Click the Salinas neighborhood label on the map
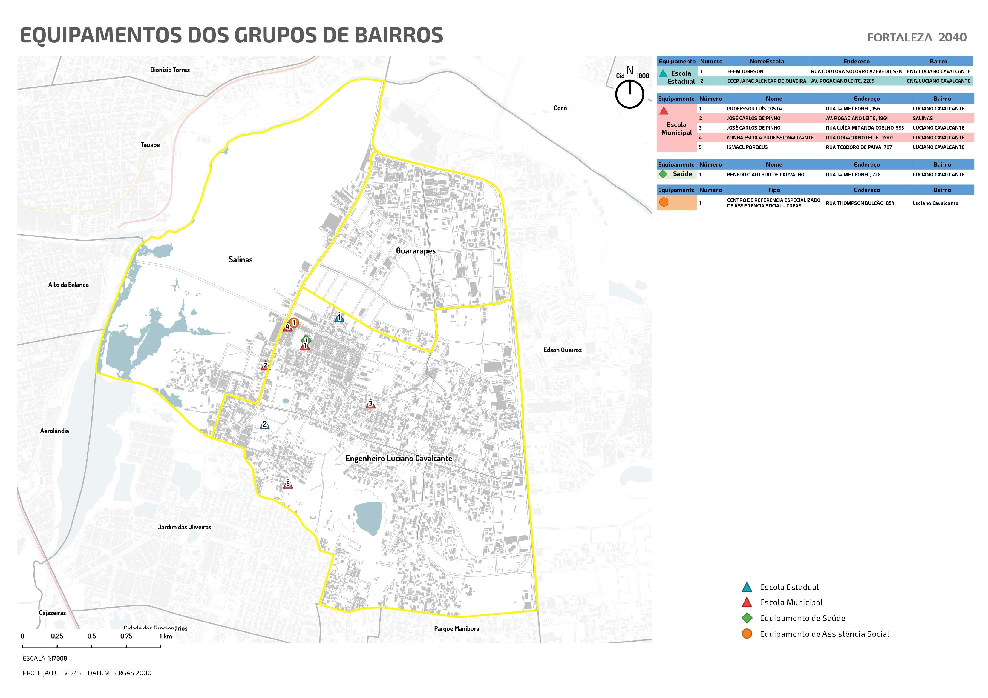click(240, 259)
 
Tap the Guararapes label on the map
click(415, 251)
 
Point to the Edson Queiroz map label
click(562, 350)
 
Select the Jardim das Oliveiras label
click(184, 527)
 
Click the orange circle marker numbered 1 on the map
click(294, 322)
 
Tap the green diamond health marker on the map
click(306, 340)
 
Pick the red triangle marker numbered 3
click(370, 404)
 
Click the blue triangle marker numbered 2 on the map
click(265, 425)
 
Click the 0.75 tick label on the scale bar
click(126, 636)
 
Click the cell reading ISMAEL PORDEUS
click(747, 147)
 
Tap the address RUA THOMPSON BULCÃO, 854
click(860, 203)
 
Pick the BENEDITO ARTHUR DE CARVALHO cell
click(765, 175)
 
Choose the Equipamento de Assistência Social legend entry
click(824, 634)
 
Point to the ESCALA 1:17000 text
click(45, 658)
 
